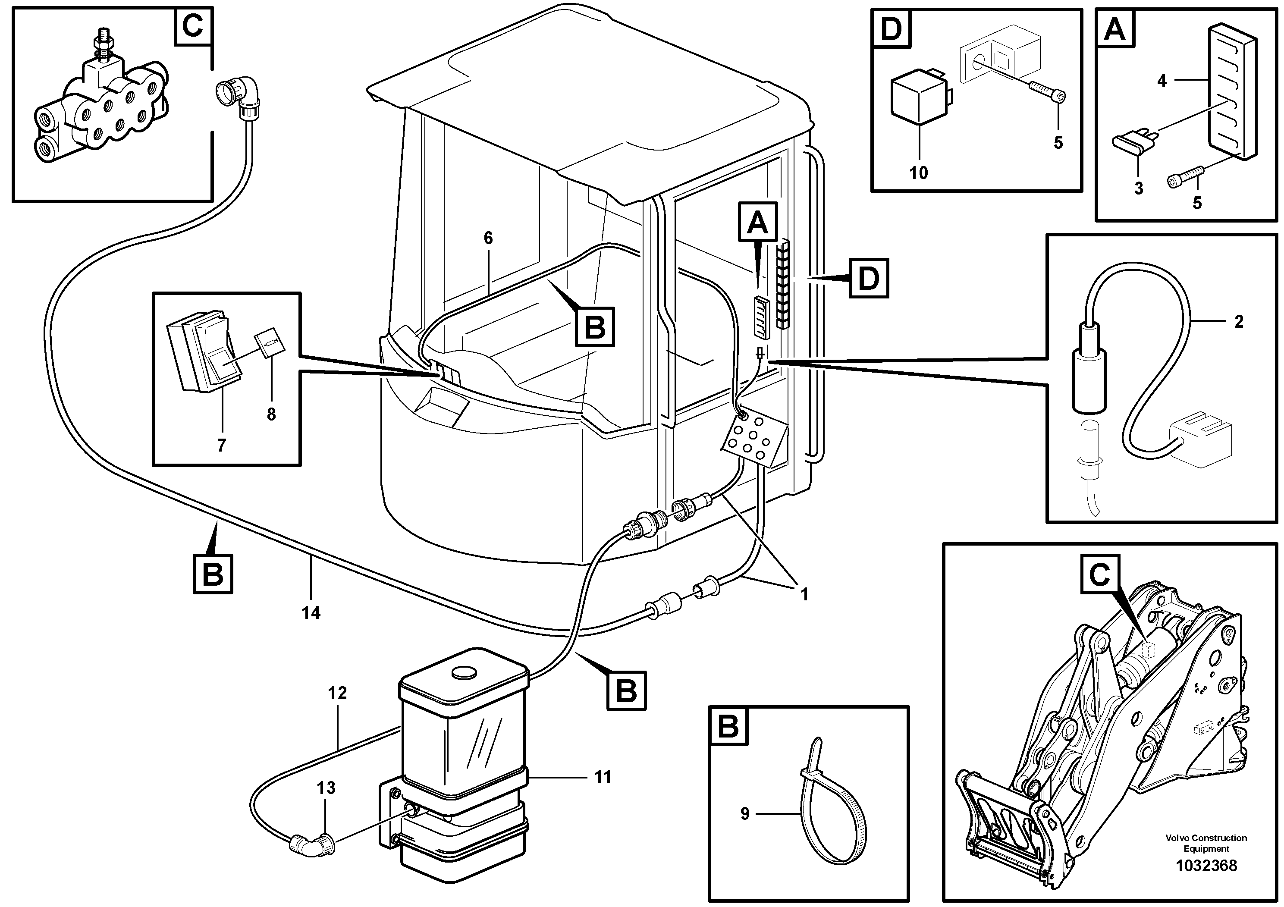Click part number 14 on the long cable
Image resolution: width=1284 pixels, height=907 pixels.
[311, 613]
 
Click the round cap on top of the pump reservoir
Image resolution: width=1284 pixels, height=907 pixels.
[464, 673]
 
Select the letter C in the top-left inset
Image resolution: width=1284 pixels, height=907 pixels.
[193, 26]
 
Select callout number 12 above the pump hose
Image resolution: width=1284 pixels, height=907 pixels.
[337, 694]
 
